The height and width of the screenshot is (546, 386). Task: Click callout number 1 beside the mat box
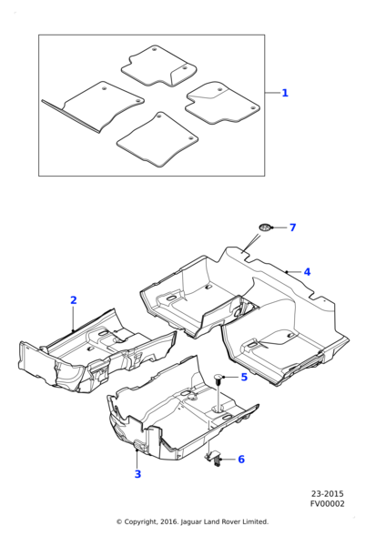(x=285, y=93)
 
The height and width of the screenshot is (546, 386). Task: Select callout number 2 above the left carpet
(x=74, y=300)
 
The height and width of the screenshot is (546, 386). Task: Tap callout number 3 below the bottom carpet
(x=137, y=474)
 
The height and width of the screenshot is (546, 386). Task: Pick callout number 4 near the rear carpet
(x=307, y=272)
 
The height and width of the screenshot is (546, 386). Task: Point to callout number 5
(x=244, y=377)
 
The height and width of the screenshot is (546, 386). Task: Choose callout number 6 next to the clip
(x=241, y=460)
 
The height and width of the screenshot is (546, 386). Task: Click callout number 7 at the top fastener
(x=292, y=227)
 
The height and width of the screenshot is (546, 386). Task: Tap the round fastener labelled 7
(x=265, y=227)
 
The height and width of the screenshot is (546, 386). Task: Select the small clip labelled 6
(x=217, y=460)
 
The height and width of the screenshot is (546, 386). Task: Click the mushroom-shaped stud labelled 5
(x=218, y=378)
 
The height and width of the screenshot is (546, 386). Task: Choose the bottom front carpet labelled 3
(x=173, y=414)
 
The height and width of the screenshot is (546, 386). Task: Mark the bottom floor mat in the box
(x=157, y=140)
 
